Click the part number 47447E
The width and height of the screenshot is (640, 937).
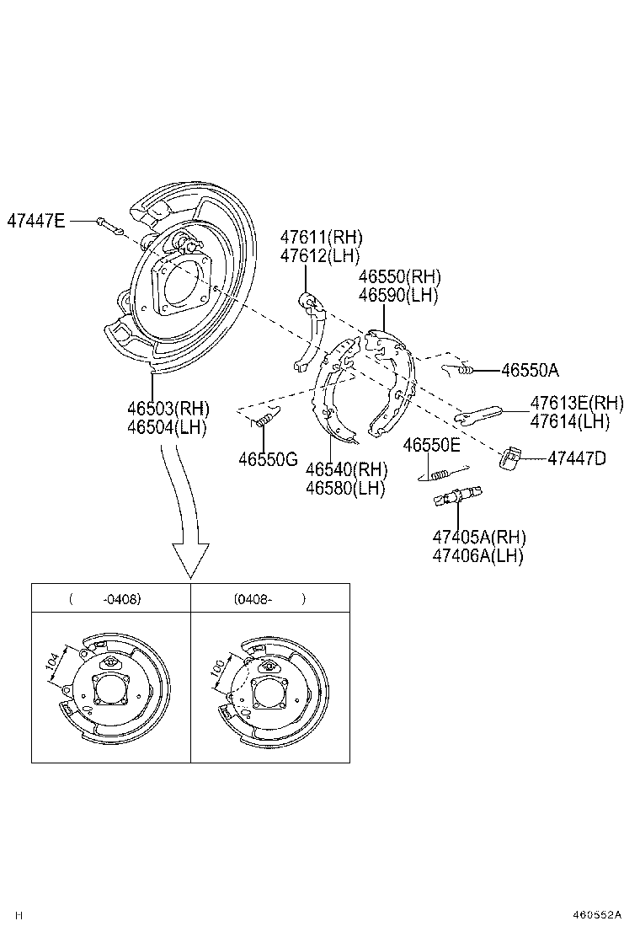[35, 221]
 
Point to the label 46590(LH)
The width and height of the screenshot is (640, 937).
[397, 295]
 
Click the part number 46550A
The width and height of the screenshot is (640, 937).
[530, 369]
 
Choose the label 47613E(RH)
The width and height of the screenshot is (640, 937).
[577, 403]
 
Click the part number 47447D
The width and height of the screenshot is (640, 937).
[577, 458]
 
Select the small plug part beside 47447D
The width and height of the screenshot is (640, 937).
[510, 458]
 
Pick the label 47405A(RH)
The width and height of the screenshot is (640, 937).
[478, 537]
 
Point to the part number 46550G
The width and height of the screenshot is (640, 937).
[268, 459]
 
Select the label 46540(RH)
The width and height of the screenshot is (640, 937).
[346, 468]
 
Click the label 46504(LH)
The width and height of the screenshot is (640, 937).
[167, 427]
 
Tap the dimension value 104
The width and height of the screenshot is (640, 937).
[54, 665]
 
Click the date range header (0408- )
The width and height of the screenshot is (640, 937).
[269, 599]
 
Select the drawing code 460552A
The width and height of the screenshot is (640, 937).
[597, 914]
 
